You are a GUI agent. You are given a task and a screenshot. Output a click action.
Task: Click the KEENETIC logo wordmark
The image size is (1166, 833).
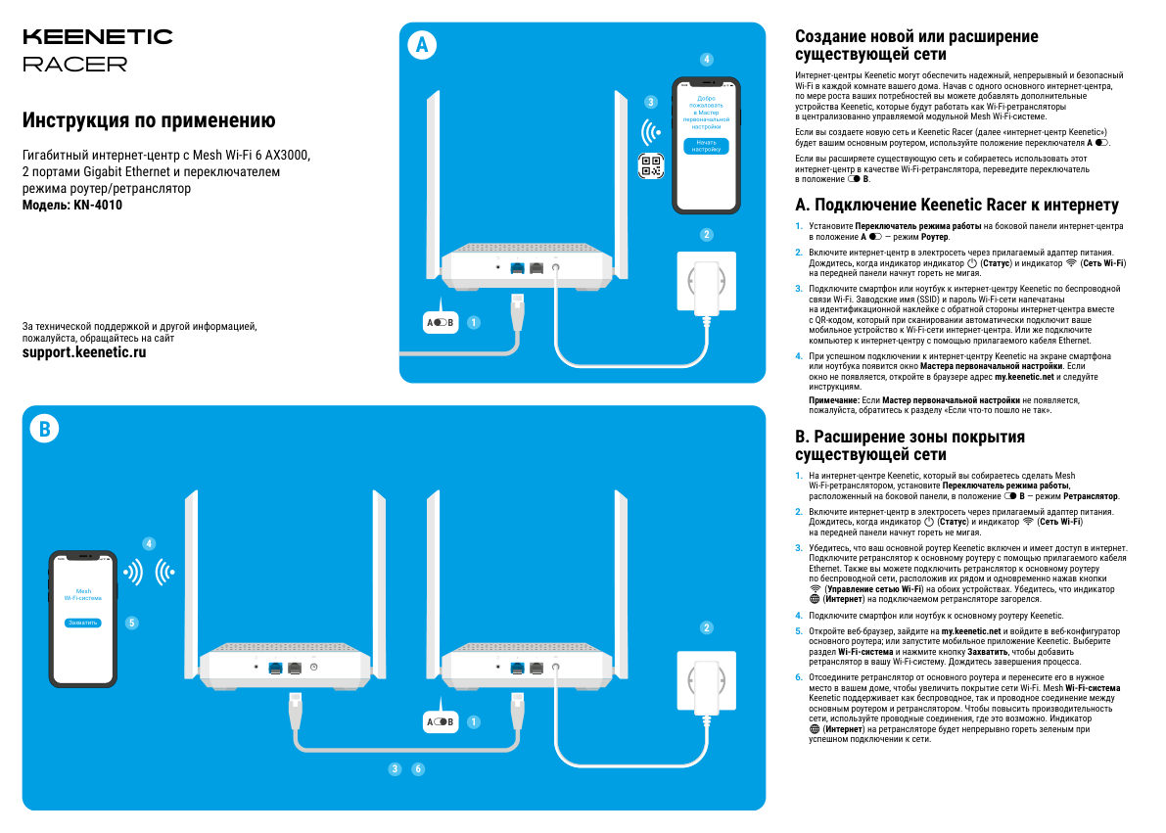point(97,37)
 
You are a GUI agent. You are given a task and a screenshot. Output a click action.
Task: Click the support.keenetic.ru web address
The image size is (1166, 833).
point(84,352)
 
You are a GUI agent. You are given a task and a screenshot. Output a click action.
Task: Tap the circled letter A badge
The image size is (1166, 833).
point(422,44)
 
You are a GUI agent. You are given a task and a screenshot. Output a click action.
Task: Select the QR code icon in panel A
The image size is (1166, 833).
point(650,166)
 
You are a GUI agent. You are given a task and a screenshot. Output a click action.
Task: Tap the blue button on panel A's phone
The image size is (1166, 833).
point(706,146)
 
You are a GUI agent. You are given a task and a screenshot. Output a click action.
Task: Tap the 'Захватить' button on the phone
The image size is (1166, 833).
point(83,623)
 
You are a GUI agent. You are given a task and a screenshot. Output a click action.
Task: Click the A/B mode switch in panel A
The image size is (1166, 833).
point(440,322)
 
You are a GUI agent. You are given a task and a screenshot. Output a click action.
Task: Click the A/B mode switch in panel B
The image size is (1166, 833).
point(440,722)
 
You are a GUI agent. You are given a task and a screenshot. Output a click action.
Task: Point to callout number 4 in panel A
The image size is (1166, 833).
point(707,60)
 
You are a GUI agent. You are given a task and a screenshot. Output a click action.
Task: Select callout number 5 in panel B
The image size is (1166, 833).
point(132,622)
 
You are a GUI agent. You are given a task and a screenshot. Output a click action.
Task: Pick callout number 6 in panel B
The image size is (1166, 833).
point(418,769)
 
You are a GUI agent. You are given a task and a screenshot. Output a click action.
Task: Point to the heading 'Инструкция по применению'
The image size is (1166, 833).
point(149,121)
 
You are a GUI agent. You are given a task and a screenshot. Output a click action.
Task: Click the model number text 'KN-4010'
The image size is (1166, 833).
point(98,206)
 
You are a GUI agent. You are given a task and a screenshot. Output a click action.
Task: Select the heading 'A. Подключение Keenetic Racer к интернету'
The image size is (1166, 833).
point(956,206)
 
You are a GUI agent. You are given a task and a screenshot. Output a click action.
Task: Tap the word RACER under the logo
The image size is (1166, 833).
point(74,65)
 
